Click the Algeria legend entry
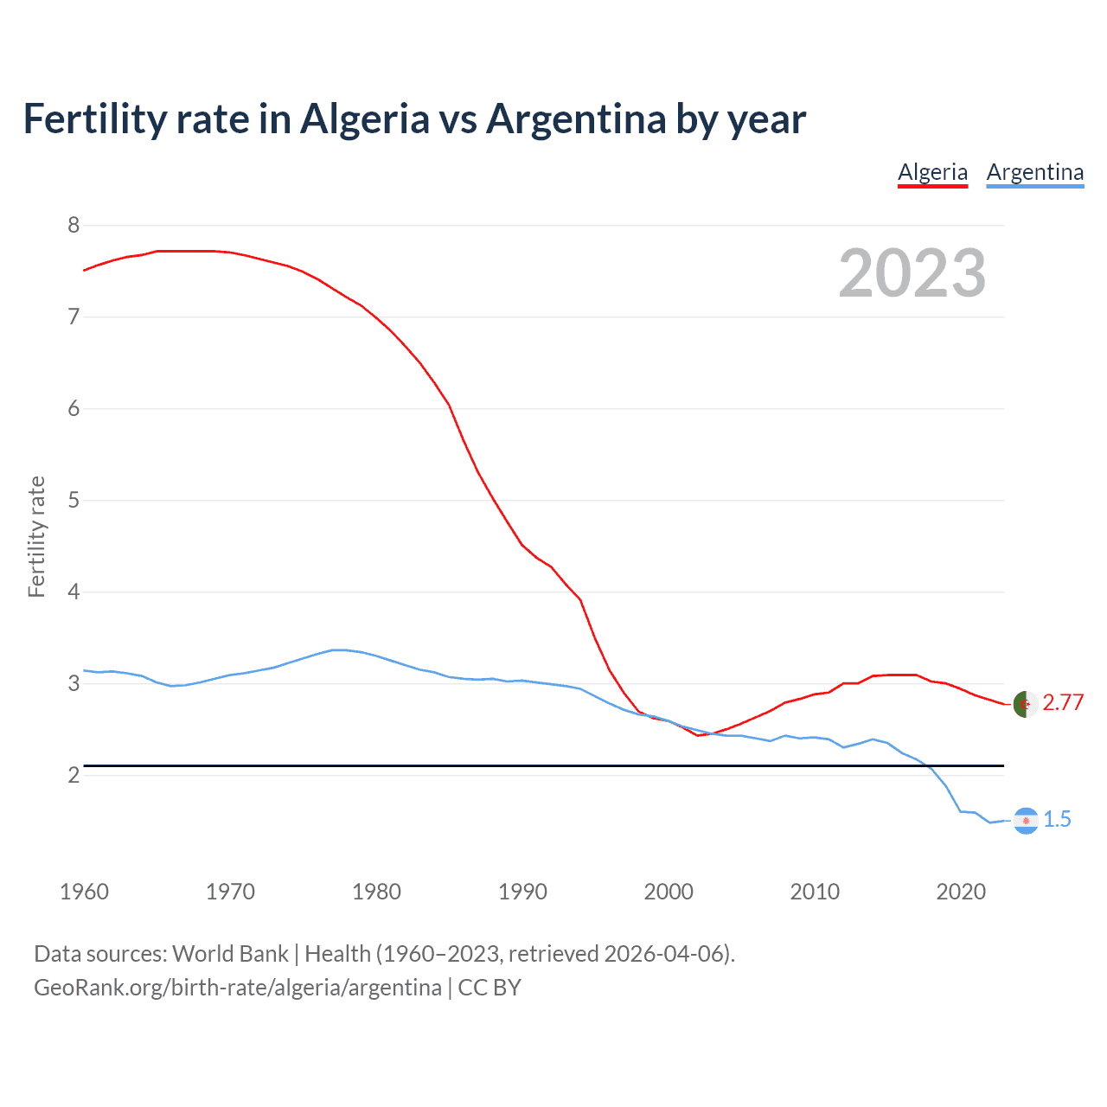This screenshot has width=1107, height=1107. coord(932,172)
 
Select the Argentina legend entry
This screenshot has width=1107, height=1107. coord(1034,172)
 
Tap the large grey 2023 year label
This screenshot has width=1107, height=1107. coord(912,273)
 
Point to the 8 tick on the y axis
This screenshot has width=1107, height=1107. coord(74,226)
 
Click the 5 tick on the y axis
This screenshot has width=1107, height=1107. coord(74,500)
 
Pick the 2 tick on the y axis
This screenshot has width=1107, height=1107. coord(74,775)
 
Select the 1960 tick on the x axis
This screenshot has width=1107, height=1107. coord(84,892)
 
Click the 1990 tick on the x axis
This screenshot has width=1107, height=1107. coord(522,892)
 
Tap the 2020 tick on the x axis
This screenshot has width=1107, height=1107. coord(961,892)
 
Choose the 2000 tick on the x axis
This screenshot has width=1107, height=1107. coord(669,892)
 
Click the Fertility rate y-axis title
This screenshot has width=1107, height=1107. coord(36,536)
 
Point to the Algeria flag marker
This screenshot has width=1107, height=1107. coord(1026,704)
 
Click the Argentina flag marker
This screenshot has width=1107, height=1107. coord(1026,821)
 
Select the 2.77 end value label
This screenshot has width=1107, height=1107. coord(1063,703)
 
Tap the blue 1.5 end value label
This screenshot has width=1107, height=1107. coord(1057,820)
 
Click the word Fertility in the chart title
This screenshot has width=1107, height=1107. coord(94,118)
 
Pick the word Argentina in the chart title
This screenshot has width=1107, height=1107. coord(575,118)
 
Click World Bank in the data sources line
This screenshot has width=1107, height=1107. coord(230,954)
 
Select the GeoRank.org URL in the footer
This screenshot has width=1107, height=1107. coord(237,988)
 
